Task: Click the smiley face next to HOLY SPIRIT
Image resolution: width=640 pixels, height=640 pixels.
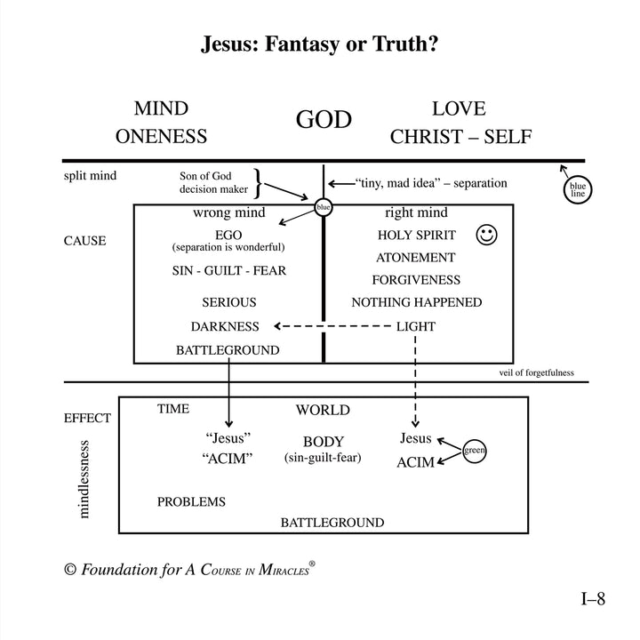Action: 486,235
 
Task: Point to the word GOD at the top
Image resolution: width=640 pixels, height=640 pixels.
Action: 324,119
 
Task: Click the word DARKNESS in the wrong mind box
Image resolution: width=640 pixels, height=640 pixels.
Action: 225,326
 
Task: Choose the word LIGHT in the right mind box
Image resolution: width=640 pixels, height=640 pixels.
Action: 416,326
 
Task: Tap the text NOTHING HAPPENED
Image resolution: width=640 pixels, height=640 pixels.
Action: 416,302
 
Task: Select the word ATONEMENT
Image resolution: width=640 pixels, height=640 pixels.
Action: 415,258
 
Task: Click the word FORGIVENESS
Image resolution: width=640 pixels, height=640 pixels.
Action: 416,280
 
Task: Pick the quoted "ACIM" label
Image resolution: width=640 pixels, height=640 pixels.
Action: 227,459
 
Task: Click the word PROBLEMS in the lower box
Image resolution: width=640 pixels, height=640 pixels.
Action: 191,501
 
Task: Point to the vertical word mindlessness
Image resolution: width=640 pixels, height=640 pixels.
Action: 84,479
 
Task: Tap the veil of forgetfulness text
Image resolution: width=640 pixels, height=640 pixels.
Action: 536,372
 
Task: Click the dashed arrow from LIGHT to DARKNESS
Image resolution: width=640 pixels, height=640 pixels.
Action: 332,326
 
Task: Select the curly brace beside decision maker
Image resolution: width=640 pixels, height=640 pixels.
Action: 258,183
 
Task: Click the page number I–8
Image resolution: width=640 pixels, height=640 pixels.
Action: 593,599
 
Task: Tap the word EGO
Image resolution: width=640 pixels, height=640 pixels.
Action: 228,235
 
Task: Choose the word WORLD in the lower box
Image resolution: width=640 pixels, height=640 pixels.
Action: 323,410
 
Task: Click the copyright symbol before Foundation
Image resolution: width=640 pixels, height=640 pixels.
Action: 70,570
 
